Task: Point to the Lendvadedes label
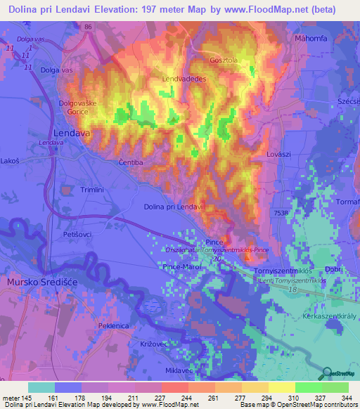coord(184,79)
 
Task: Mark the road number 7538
coord(282,213)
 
